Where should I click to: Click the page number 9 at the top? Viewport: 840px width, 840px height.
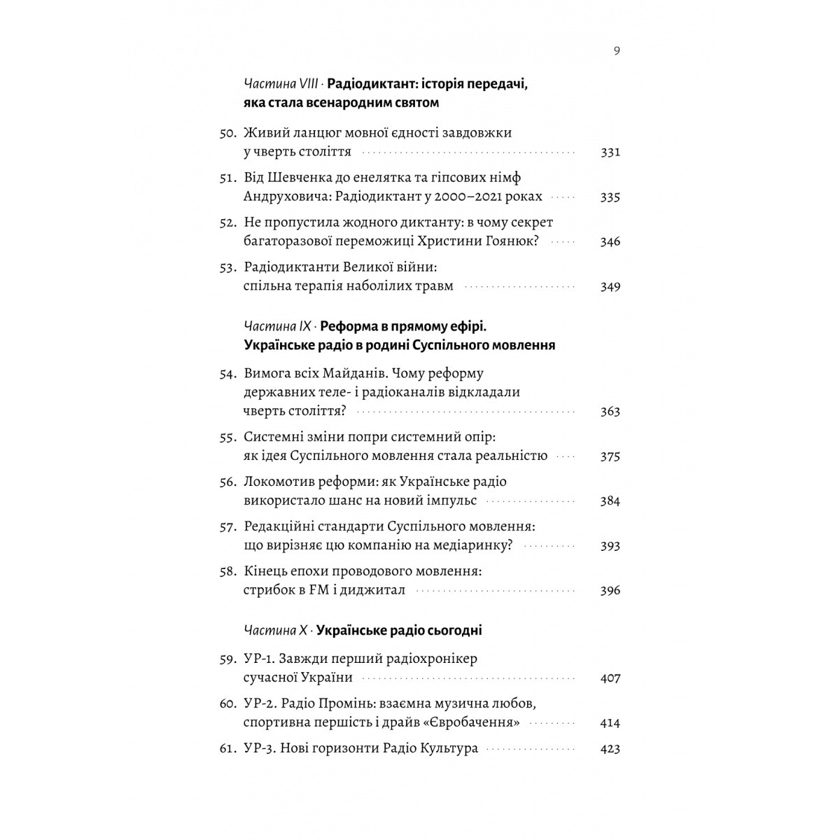(x=616, y=50)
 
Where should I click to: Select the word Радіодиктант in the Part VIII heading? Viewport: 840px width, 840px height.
(x=371, y=85)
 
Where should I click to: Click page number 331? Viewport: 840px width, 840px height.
(x=610, y=152)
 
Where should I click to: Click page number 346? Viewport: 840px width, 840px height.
(x=610, y=241)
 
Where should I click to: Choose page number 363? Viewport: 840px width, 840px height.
(x=610, y=411)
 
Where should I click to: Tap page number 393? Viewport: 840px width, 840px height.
(x=610, y=545)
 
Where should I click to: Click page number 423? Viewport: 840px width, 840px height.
(x=610, y=748)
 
